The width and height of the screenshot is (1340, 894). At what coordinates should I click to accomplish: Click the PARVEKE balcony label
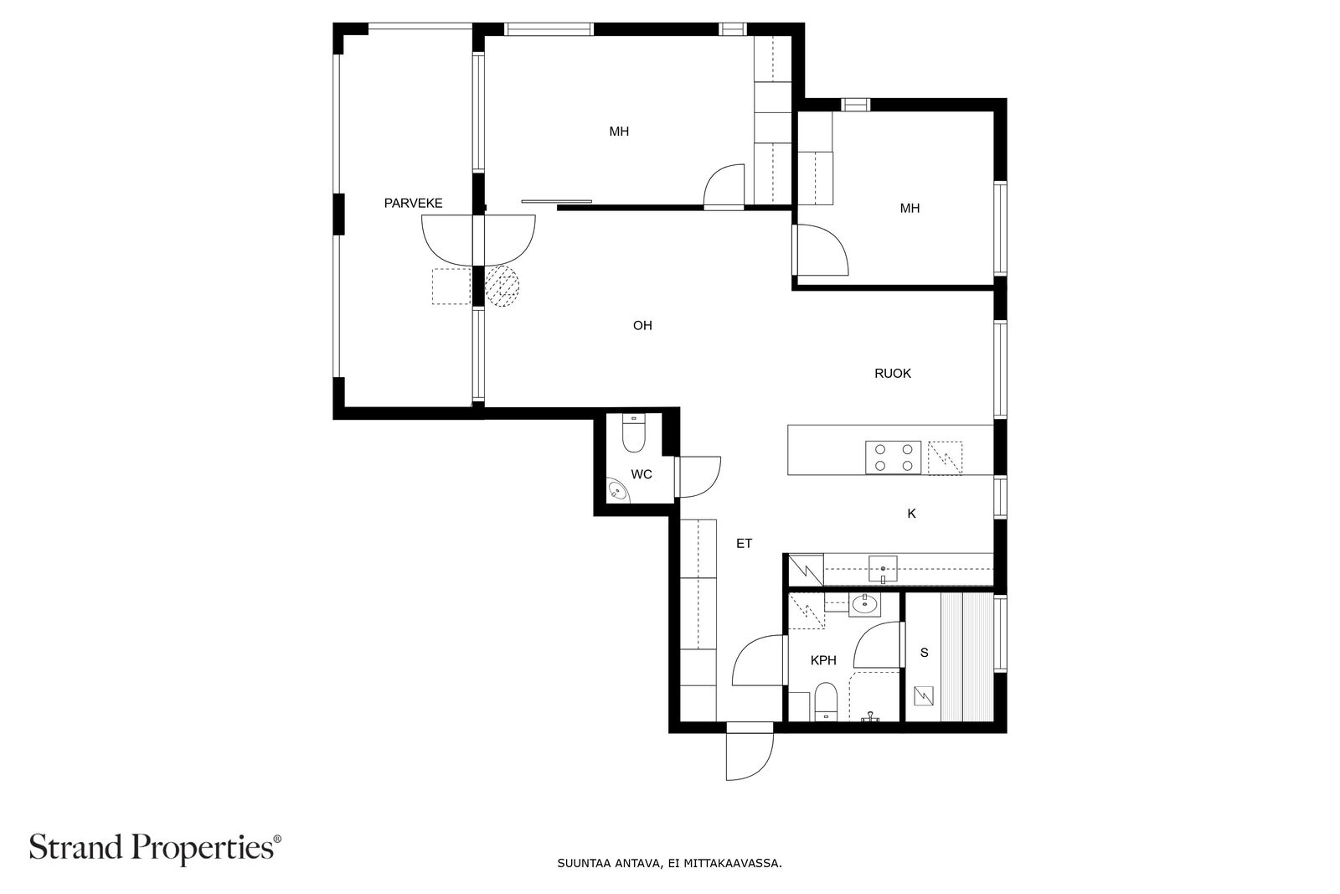click(413, 204)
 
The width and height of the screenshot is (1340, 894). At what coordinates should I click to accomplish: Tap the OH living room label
click(642, 326)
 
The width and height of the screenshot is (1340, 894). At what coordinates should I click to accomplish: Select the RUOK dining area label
click(893, 374)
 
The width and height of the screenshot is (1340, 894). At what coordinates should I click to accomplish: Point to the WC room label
click(642, 474)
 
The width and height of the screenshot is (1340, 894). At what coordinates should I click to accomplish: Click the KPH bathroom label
click(823, 660)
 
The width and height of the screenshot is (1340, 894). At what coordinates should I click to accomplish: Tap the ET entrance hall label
click(744, 543)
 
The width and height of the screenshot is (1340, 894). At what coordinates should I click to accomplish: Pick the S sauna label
click(925, 652)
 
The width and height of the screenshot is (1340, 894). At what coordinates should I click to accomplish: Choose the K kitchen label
click(912, 514)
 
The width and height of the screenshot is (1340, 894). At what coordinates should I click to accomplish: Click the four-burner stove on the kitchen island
click(893, 457)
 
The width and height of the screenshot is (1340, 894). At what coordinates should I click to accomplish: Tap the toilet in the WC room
click(633, 433)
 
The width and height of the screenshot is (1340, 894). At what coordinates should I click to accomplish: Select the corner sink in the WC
click(618, 491)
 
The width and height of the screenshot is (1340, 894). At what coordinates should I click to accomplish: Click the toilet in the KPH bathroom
click(826, 702)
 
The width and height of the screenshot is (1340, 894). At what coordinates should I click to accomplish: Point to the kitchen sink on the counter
click(883, 568)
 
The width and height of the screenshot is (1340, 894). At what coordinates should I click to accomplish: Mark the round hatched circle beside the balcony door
click(502, 286)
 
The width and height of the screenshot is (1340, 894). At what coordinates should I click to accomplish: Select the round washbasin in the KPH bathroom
click(864, 604)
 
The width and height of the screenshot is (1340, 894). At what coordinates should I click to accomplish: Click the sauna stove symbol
click(924, 696)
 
